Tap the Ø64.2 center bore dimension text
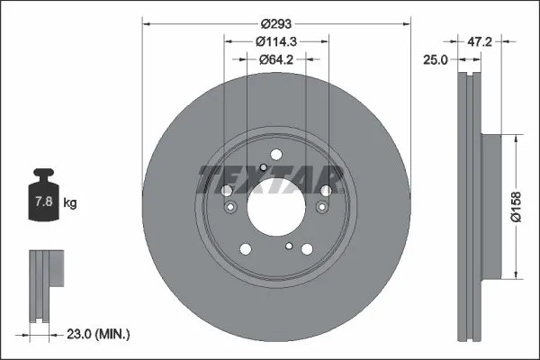(x=275, y=60)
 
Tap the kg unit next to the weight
(x=70, y=203)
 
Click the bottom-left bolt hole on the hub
(x=244, y=249)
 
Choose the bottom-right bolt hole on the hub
(x=307, y=249)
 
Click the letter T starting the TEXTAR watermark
(x=209, y=178)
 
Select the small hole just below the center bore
(x=288, y=246)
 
